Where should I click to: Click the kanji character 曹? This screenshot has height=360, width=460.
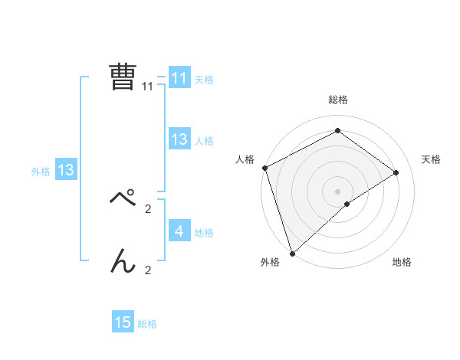tap(123, 77)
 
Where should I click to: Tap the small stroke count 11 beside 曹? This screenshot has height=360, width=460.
tap(148, 87)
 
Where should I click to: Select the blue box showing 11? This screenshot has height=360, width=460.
tap(179, 78)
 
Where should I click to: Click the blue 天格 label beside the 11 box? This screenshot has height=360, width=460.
tap(204, 79)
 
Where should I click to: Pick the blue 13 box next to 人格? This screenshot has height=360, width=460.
tap(179, 139)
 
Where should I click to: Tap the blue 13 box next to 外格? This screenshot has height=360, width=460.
tap(65, 170)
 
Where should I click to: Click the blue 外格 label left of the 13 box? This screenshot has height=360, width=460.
tap(41, 172)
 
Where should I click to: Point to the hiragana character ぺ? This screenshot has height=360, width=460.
tap(123, 200)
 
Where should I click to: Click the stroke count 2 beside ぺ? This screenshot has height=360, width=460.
tap(148, 208)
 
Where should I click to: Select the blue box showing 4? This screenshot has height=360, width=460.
tap(179, 231)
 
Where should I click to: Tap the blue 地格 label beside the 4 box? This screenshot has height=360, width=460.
tap(204, 232)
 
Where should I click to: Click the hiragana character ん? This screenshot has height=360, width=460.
tap(123, 261)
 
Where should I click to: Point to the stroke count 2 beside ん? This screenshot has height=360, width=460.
tap(148, 270)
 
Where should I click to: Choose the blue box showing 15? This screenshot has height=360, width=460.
tap(123, 322)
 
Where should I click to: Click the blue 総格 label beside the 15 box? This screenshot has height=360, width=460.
tap(147, 324)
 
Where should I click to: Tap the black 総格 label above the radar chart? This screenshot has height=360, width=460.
tap(337, 100)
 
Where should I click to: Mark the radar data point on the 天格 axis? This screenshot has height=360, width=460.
tap(396, 172)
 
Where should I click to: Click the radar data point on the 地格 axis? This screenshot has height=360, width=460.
tap(347, 204)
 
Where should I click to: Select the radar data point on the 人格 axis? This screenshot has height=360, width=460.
tap(264, 168)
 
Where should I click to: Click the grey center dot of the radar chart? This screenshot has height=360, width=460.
tap(337, 191)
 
